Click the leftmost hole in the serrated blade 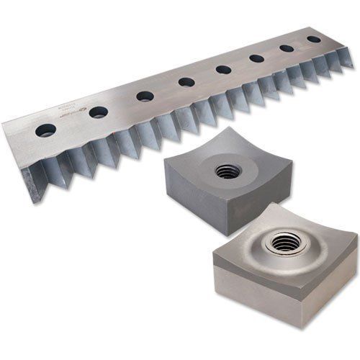point(46,130)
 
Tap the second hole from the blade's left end point(99,112)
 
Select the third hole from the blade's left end point(145,96)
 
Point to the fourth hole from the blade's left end point(186,81)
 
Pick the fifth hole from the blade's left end point(223,70)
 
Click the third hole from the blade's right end point(256,58)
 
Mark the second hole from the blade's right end point(287,48)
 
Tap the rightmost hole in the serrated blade point(314,39)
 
